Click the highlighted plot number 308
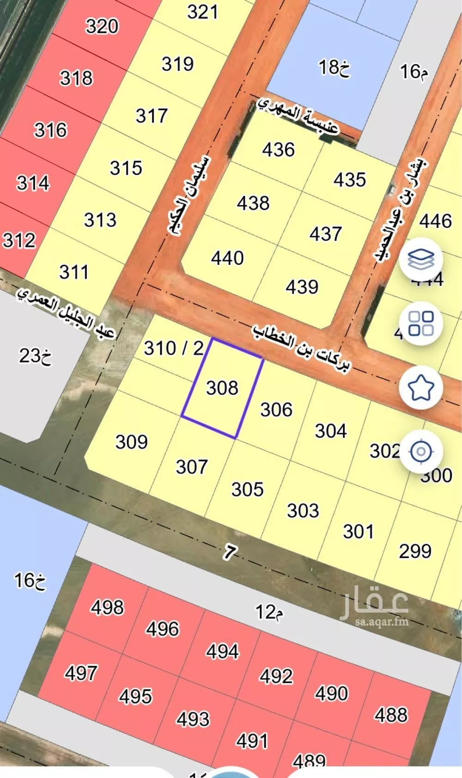(x=222, y=388)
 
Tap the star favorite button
(x=421, y=387)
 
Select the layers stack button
(x=421, y=259)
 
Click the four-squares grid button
(x=421, y=323)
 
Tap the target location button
(x=421, y=451)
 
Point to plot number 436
(x=278, y=150)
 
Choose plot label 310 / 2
(x=173, y=348)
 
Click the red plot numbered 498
(x=107, y=607)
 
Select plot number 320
(x=102, y=26)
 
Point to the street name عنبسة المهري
(x=298, y=116)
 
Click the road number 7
(x=230, y=551)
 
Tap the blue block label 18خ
(x=334, y=68)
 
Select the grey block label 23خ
(x=35, y=356)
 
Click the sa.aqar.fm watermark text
(x=382, y=621)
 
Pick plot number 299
(x=415, y=551)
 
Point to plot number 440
(x=227, y=258)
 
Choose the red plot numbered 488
(x=391, y=715)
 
